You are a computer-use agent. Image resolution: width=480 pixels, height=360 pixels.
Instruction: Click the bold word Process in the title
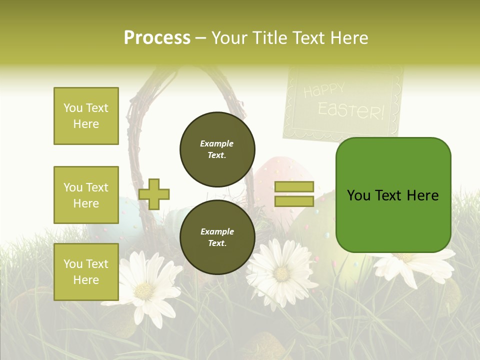[157, 37]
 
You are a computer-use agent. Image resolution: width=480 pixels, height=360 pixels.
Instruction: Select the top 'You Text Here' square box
[86, 116]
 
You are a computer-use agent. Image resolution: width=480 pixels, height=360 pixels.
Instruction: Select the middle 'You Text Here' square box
[86, 195]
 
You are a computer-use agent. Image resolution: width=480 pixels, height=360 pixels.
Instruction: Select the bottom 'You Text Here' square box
[86, 271]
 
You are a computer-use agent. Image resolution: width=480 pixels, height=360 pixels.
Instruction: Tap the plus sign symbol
[154, 194]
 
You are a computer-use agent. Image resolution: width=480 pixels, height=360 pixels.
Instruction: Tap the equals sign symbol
[294, 194]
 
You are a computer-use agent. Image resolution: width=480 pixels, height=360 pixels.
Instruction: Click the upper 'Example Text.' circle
[217, 149]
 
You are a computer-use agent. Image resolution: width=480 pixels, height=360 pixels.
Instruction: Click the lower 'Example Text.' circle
[217, 237]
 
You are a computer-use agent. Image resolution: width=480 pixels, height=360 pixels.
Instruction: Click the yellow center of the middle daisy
[281, 273]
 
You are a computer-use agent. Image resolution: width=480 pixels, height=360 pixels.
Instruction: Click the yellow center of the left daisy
[145, 290]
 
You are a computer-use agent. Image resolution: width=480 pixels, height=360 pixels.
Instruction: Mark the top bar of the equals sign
[294, 187]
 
